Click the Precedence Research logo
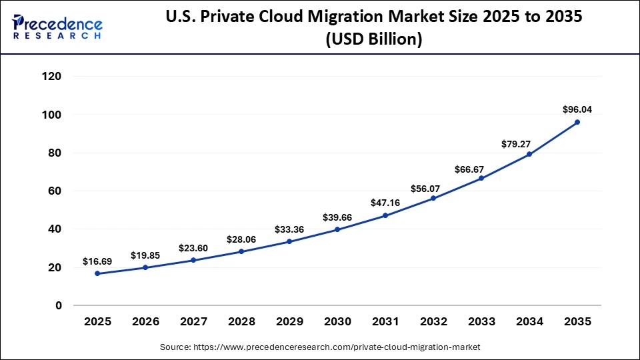(57, 27)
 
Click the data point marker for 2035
(577, 122)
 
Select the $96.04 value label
(577, 109)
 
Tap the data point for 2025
(97, 273)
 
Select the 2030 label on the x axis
(337, 321)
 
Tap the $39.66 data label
(337, 217)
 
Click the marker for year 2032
(433, 198)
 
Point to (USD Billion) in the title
(373, 39)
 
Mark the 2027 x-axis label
(193, 321)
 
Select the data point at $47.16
(385, 215)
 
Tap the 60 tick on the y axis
(74, 191)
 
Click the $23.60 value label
(193, 248)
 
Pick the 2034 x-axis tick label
(529, 321)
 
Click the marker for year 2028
(241, 251)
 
